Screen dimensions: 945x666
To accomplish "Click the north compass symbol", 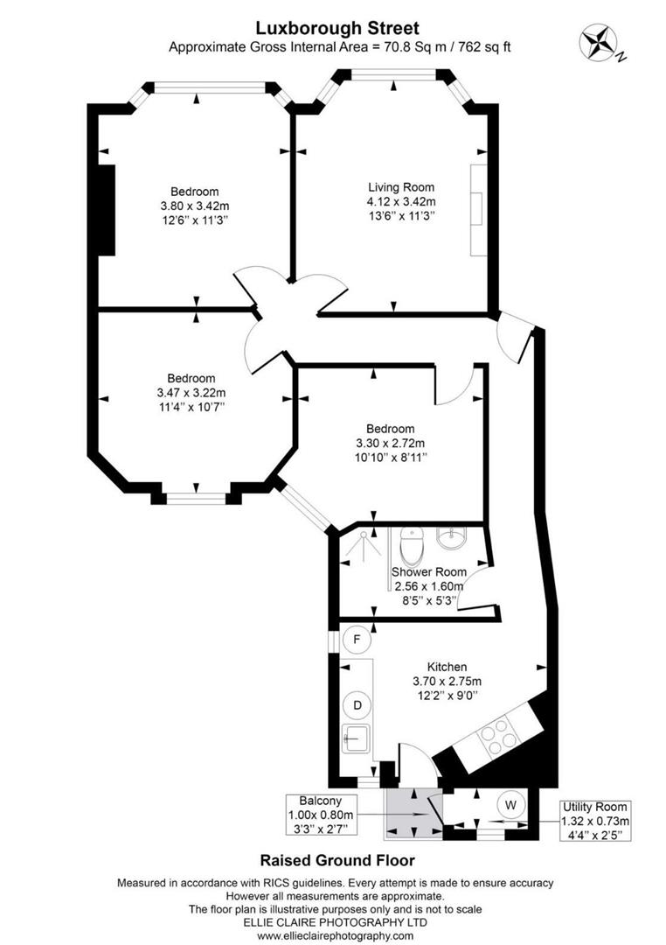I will tap(598, 40).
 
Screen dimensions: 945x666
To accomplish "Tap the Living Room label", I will tap(400, 186).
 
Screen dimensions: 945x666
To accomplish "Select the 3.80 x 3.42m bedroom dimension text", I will tap(194, 206).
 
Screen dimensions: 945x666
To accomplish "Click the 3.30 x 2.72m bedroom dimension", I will tap(390, 443).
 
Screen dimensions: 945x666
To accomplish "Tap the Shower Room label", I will tap(428, 572).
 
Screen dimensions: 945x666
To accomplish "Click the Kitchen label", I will tap(447, 666).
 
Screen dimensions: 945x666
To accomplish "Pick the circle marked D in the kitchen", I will tap(357, 703).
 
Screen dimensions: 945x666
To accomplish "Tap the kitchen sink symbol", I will tap(357, 738).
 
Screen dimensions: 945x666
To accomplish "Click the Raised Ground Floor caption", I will tap(336, 861).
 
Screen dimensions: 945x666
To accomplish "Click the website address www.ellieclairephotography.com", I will tap(336, 936).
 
